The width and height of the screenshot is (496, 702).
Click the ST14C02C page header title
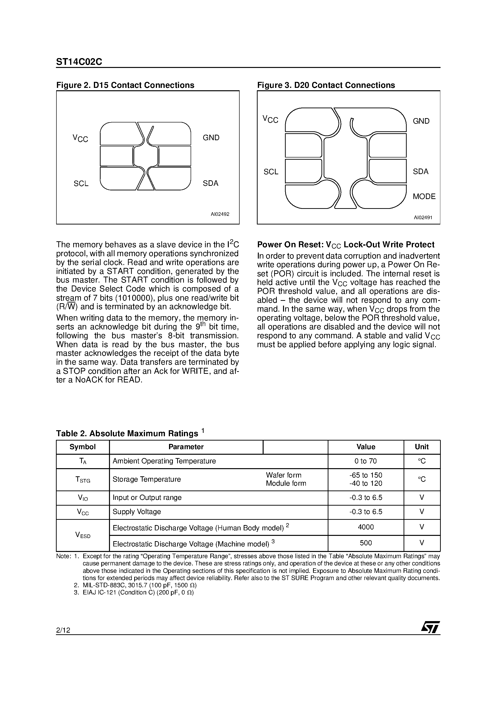tap(79, 62)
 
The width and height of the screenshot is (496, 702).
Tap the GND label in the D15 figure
tap(211, 138)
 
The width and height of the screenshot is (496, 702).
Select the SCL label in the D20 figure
tap(271, 172)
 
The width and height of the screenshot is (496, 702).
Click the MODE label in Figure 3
tap(424, 196)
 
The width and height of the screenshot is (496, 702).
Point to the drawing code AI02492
tap(220, 214)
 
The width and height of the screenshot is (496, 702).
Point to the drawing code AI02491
tap(423, 218)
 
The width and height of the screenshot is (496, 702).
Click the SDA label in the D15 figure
tap(210, 183)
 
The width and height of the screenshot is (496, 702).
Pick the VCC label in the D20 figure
tap(270, 119)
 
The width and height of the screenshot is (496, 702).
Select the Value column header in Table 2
tap(366, 447)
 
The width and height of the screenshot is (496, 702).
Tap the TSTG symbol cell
tap(83, 479)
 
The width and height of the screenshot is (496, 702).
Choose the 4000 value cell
tap(366, 527)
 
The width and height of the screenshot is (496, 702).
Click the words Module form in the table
tap(286, 483)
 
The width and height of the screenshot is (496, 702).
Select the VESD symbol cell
tap(83, 535)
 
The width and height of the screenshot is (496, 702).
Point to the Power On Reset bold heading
tap(345, 245)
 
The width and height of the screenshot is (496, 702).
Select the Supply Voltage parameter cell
tap(137, 512)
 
